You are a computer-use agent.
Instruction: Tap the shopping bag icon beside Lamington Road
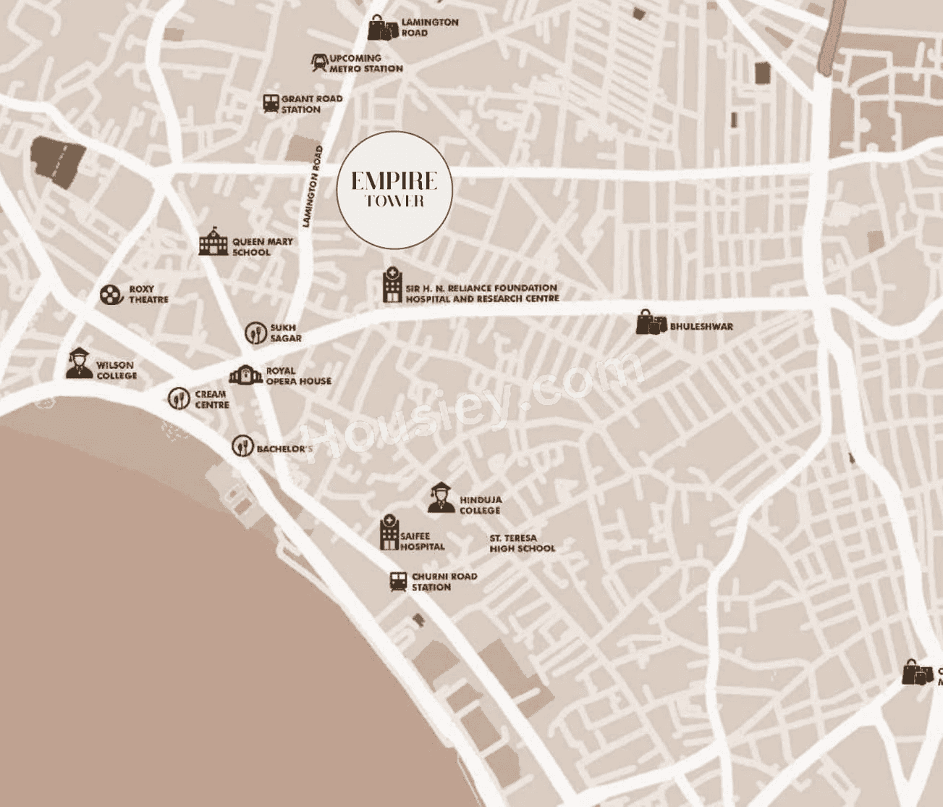(x=383, y=28)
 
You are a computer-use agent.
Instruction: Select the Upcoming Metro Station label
(x=365, y=63)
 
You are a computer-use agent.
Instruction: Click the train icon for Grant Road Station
(x=271, y=103)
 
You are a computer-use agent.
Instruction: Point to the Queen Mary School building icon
(x=213, y=241)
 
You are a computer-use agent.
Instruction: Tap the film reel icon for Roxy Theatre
(x=111, y=294)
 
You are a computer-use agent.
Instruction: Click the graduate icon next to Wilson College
(x=79, y=364)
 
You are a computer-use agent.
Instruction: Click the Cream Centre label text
(x=211, y=399)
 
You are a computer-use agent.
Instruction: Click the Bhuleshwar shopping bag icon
(x=650, y=322)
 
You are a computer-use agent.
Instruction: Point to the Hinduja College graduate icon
(x=441, y=498)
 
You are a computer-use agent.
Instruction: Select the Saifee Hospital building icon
(x=389, y=533)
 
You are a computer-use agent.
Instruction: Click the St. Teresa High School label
(x=522, y=543)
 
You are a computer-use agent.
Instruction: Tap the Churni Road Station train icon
(x=398, y=582)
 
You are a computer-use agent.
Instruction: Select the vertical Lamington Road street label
(x=313, y=186)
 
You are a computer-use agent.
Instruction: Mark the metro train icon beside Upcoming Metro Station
(x=319, y=62)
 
